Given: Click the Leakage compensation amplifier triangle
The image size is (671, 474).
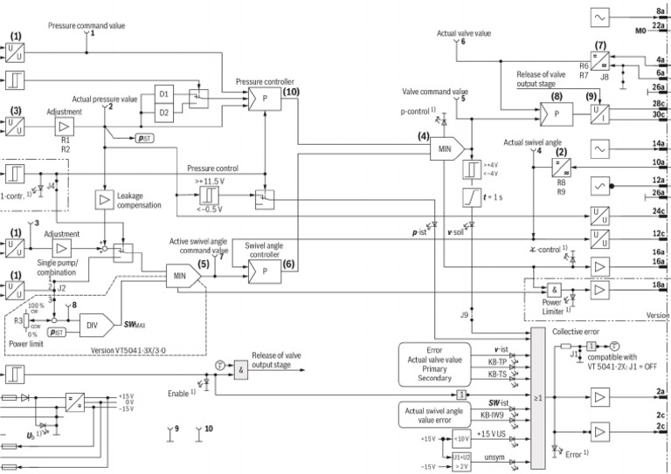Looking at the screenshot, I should coord(106,200).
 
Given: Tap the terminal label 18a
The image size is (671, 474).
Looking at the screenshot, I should coord(661,285).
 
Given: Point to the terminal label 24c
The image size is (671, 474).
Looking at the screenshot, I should coord(661,210).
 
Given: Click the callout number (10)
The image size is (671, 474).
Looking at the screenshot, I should coord(291,91).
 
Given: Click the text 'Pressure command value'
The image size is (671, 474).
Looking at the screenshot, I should coord(86,26).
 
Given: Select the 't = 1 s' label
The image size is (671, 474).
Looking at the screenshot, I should coord(495,196).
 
